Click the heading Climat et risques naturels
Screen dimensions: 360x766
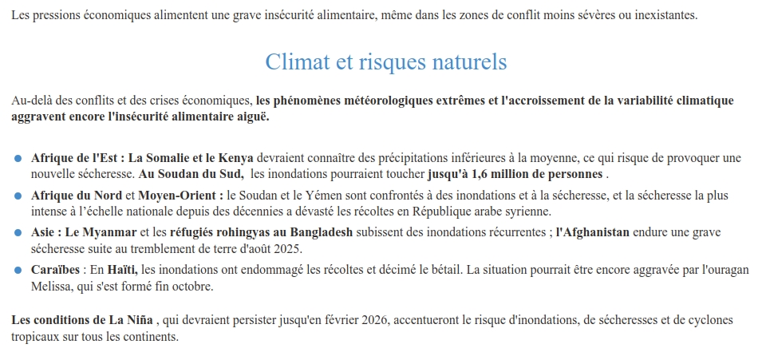(x=385, y=61)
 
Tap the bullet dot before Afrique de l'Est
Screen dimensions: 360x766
(x=18, y=158)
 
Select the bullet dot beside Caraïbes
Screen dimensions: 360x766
(x=18, y=271)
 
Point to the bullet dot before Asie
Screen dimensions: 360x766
(x=18, y=233)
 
